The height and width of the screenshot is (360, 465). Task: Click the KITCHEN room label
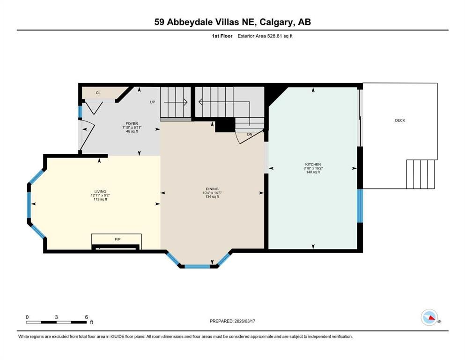pos(313,165)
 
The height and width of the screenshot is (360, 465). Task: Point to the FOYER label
pos(132,124)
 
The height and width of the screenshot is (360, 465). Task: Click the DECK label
pos(400,120)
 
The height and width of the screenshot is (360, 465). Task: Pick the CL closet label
pos(98,93)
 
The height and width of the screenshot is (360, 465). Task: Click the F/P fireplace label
pos(117,239)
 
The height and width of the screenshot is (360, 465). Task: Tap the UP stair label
pos(152,102)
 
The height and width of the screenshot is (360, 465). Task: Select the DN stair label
pos(250,134)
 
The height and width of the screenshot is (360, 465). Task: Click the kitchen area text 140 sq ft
pos(313,172)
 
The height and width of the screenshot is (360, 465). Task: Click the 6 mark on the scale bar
pos(86,317)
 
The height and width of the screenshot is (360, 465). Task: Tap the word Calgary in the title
pos(273,22)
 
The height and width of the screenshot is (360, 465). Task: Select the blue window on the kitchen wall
pos(359,205)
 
